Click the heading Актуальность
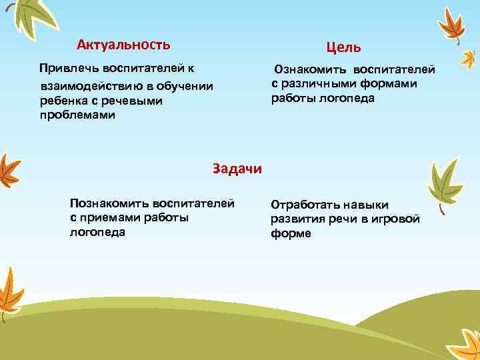tap(123, 45)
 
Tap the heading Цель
tap(343, 47)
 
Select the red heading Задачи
tap(237, 168)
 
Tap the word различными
tap(314, 84)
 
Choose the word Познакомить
tap(109, 203)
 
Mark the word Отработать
tap(306, 205)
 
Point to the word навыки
tap(368, 205)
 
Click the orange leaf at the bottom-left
tap(10, 293)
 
